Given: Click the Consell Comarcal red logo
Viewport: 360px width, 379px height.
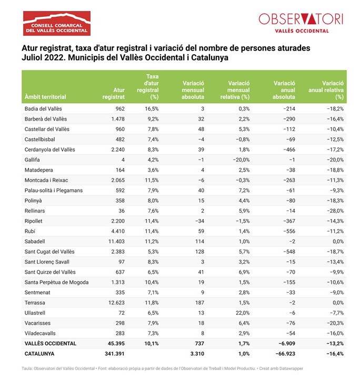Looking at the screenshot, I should click(x=56, y=23).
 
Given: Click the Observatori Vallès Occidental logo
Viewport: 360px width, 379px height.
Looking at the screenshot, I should click(x=301, y=22).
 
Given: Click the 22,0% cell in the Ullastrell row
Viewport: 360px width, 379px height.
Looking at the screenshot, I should click(x=242, y=313).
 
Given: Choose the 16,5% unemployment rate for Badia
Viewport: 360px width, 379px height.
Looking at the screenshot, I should click(x=151, y=108).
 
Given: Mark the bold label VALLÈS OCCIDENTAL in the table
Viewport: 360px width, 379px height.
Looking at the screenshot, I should click(x=51, y=343).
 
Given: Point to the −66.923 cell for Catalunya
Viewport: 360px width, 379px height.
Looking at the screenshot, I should click(x=285, y=353).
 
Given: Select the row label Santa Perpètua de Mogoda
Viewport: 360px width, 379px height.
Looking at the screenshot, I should click(x=56, y=282).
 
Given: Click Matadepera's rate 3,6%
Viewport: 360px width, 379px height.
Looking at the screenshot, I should click(x=152, y=169).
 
